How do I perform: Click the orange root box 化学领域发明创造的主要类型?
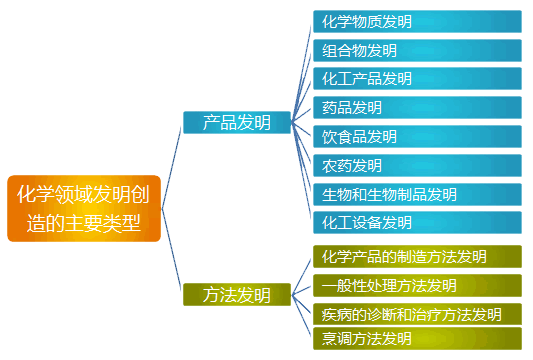point(83,208)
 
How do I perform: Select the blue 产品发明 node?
point(236,122)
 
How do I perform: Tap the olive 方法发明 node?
point(236,294)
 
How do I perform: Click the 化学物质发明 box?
point(416,21)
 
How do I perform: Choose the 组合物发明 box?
point(416,50)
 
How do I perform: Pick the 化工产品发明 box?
point(416,78)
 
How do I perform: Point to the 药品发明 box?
point(416,107)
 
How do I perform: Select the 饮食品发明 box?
point(416,136)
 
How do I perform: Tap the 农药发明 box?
point(416,165)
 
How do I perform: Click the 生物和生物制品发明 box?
point(416,194)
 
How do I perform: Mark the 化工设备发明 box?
point(416,222)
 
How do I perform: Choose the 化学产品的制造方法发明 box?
point(416,257)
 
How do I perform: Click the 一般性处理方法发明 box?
point(416,286)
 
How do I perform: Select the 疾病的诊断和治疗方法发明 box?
point(416,314)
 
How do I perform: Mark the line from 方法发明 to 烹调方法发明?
point(302,317)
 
